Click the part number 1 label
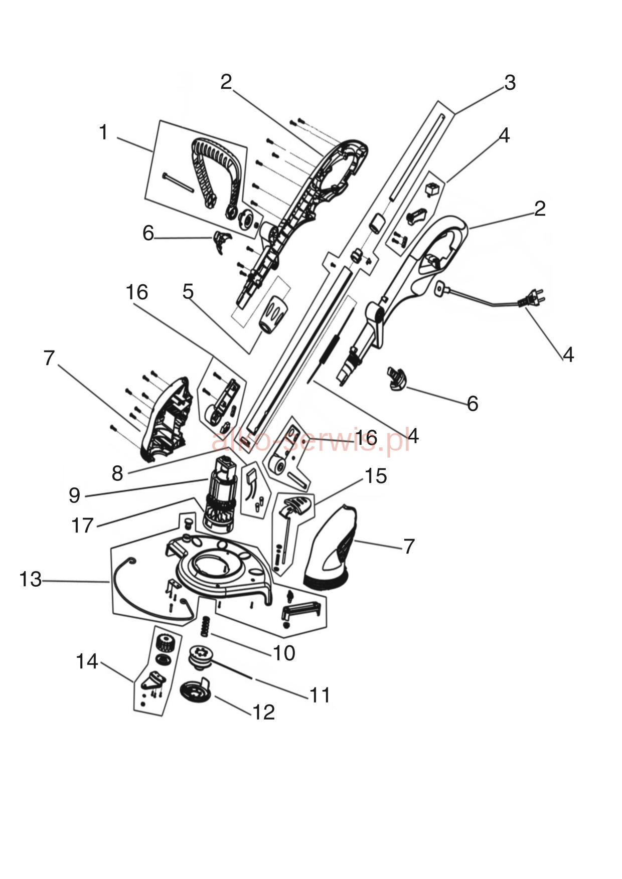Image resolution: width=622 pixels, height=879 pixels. (x=103, y=132)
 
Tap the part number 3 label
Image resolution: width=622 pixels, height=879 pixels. (x=510, y=83)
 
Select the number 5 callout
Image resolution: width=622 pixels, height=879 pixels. (x=188, y=291)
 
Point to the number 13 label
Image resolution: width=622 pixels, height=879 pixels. (x=30, y=579)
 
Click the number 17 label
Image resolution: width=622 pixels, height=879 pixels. (x=83, y=525)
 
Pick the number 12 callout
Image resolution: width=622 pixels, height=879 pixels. (x=264, y=712)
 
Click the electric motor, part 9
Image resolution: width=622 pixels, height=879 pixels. (x=221, y=491)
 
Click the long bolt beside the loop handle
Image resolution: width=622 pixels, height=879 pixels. (x=178, y=182)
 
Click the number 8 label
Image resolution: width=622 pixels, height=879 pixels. (x=117, y=473)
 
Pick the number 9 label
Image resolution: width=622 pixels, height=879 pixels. (x=74, y=495)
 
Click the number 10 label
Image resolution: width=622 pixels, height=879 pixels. (x=284, y=653)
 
